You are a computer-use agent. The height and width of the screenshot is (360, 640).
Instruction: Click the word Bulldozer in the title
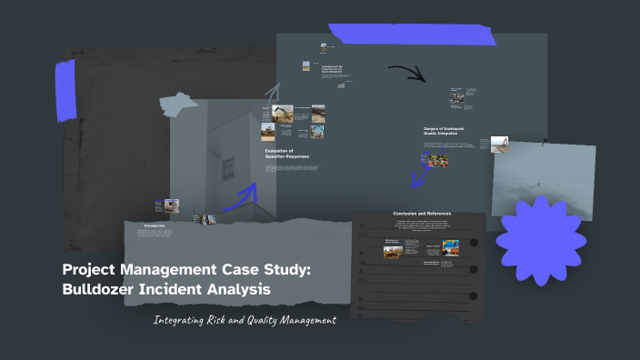click(x=101, y=290)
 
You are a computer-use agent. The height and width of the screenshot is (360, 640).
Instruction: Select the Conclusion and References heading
click(x=422, y=214)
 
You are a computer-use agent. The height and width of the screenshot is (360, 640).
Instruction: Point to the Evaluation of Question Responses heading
click(x=286, y=155)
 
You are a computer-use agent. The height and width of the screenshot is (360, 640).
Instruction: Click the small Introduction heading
click(x=155, y=225)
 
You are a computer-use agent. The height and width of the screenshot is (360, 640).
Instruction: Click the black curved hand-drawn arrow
click(x=406, y=72)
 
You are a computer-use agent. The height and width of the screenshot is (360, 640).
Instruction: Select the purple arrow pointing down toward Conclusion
click(x=419, y=173)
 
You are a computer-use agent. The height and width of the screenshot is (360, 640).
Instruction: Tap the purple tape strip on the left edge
click(x=65, y=90)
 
